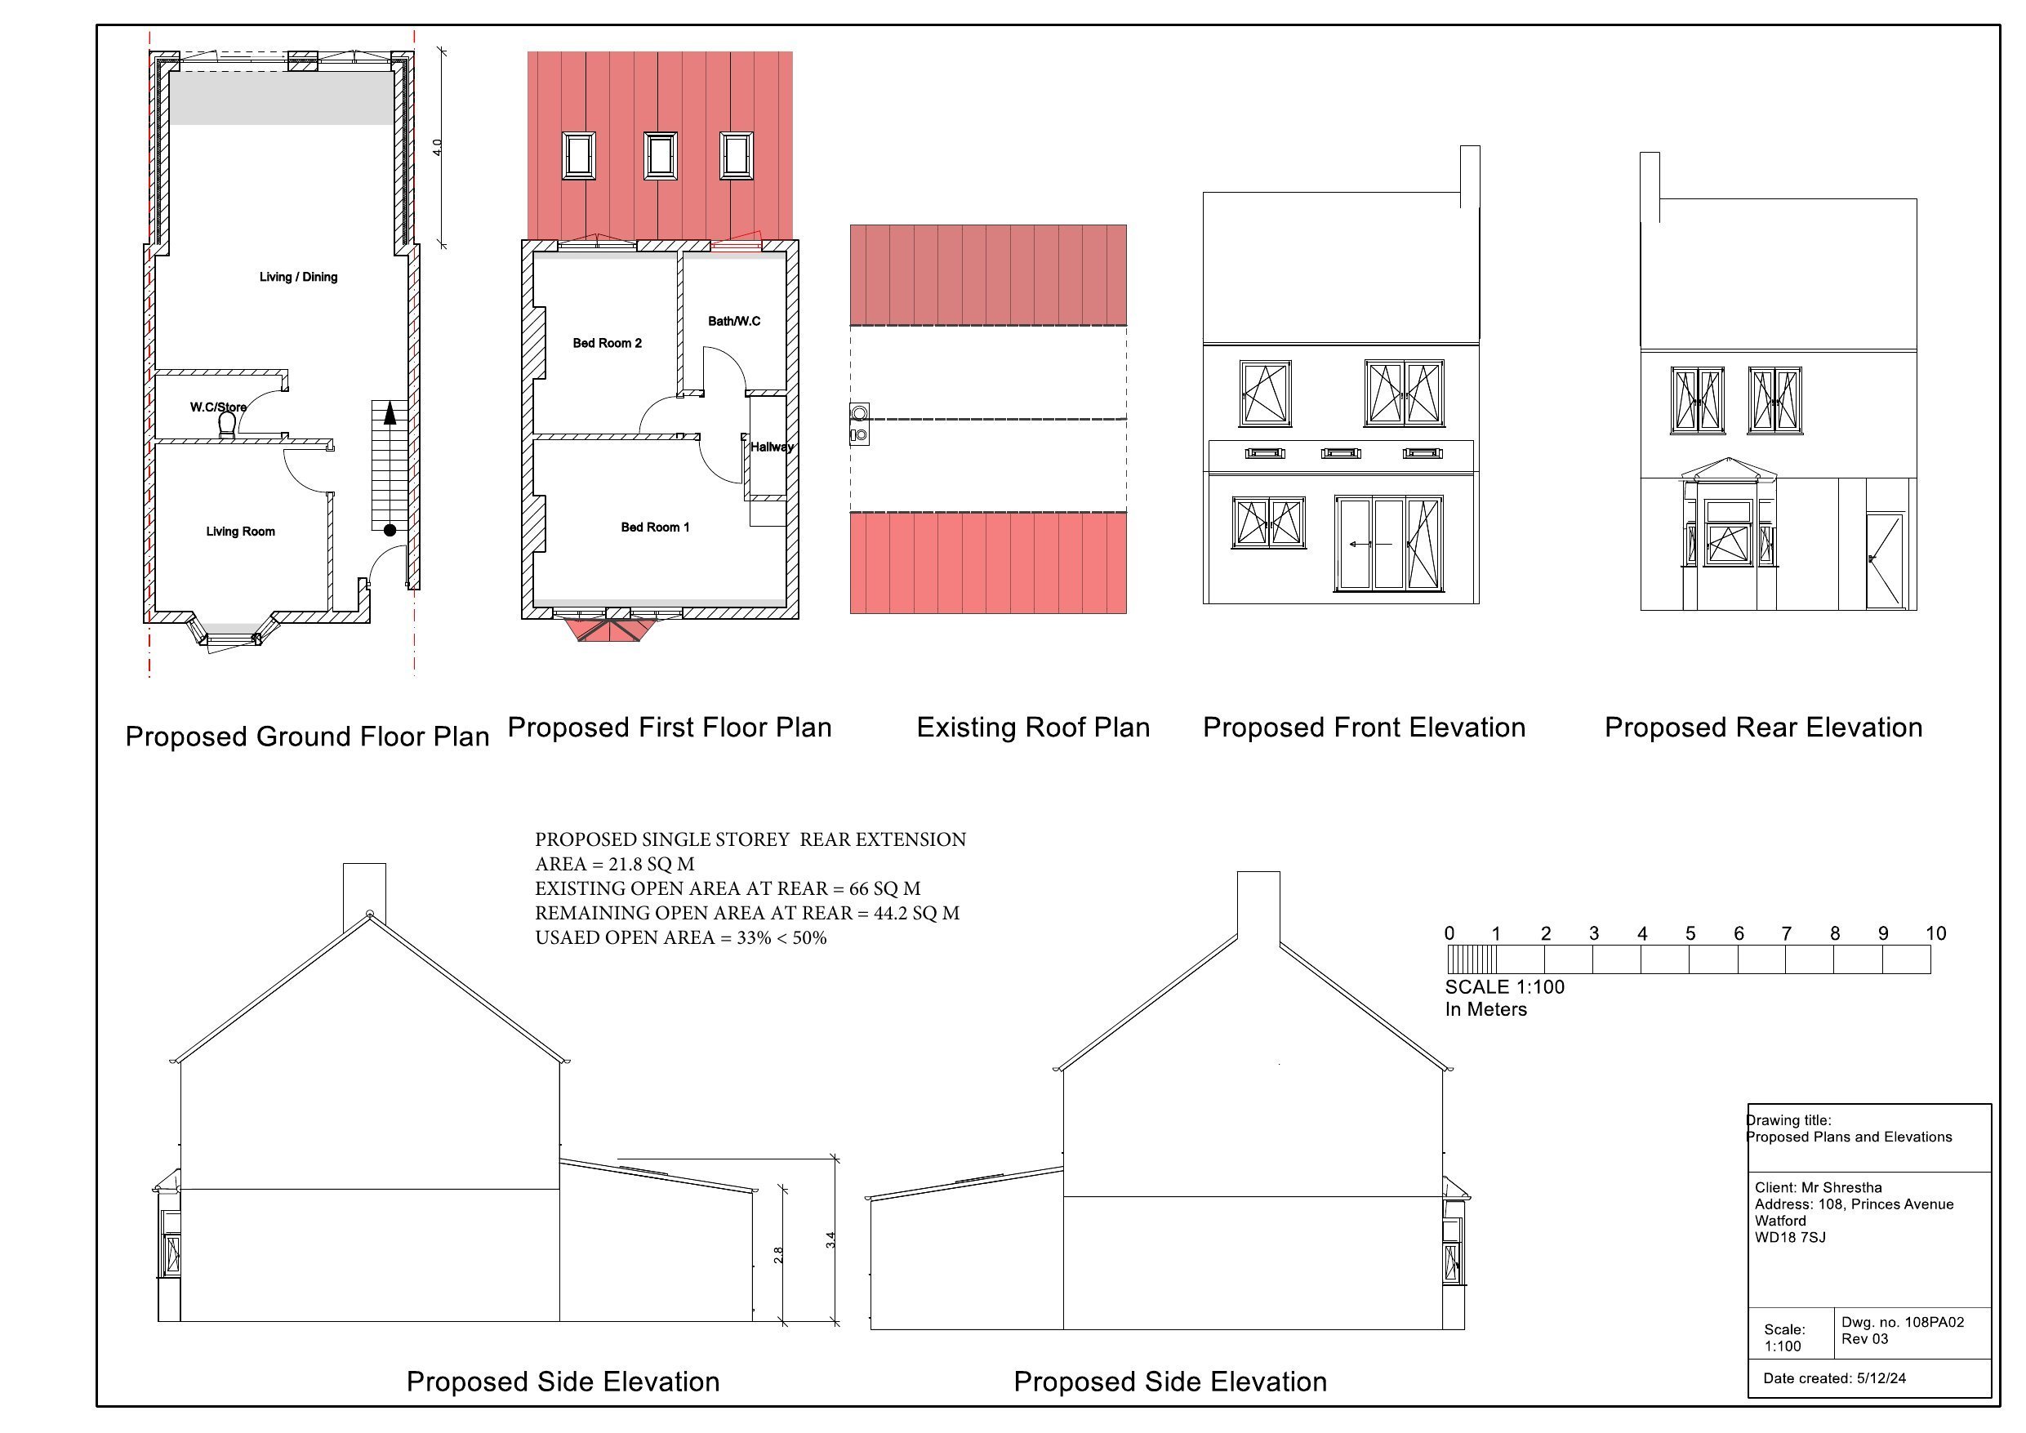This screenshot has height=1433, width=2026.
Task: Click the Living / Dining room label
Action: pyautogui.click(x=298, y=277)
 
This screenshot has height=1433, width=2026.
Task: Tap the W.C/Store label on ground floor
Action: pyautogui.click(x=218, y=407)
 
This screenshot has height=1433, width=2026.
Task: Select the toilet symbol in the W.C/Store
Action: pyautogui.click(x=227, y=425)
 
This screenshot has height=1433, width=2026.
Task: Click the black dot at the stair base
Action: pyautogui.click(x=390, y=530)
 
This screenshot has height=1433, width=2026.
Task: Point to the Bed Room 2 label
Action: pyautogui.click(x=607, y=343)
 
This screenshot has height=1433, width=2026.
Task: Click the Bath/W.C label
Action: pyautogui.click(x=733, y=321)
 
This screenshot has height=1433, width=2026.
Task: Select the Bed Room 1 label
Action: pyautogui.click(x=655, y=527)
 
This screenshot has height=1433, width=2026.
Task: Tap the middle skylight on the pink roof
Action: pyautogui.click(x=660, y=156)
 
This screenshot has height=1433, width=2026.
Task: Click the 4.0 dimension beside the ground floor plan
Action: pyautogui.click(x=437, y=147)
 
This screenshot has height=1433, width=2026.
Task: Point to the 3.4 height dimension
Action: pyautogui.click(x=830, y=1239)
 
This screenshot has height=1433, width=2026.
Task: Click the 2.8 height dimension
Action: pyautogui.click(x=777, y=1255)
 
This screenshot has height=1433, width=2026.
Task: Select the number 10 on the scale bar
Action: pyautogui.click(x=1935, y=933)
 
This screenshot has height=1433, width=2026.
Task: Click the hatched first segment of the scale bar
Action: pyautogui.click(x=1472, y=959)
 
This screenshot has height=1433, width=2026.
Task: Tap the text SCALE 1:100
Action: pyautogui.click(x=1504, y=987)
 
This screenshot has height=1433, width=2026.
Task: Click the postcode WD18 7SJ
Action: pyautogui.click(x=1789, y=1237)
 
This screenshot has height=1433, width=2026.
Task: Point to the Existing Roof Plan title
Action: pyautogui.click(x=1032, y=728)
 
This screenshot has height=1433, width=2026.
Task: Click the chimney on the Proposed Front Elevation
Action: pyautogui.click(x=1469, y=176)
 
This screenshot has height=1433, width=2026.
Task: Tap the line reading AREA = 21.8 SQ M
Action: pyautogui.click(x=614, y=865)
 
